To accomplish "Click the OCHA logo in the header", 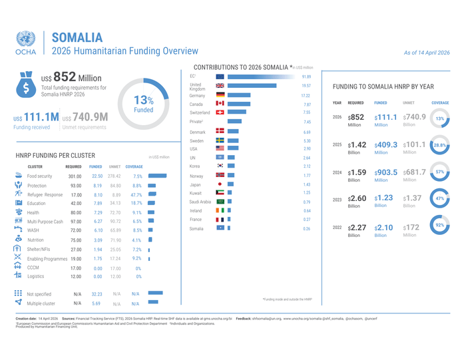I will [26, 42].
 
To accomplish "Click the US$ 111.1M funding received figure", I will [35, 117].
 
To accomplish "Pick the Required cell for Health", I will [75, 212].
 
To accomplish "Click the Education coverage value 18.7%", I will [136, 203].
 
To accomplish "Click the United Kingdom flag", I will [220, 86].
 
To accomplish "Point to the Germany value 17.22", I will [306, 95].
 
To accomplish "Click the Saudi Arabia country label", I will [200, 202].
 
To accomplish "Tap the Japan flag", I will [220, 184].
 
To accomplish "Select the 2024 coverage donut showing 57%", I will [439, 172].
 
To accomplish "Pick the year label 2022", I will [337, 228].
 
